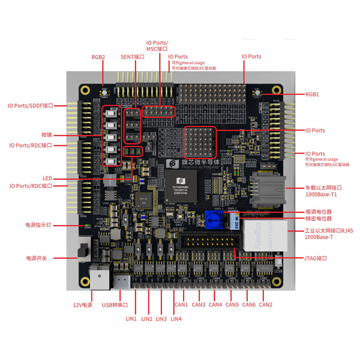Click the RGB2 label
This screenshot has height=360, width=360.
(x=98, y=57)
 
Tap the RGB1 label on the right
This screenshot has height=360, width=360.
(x=312, y=94)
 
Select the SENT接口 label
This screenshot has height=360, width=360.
(x=133, y=57)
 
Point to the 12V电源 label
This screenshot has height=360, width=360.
(x=83, y=305)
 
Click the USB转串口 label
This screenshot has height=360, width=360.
(x=115, y=305)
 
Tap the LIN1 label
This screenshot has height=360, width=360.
(x=131, y=319)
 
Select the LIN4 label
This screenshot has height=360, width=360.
(x=176, y=319)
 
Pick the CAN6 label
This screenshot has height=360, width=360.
(x=249, y=305)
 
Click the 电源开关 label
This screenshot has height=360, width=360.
(x=36, y=258)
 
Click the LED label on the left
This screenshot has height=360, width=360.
(x=47, y=178)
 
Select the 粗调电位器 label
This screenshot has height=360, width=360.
(x=318, y=211)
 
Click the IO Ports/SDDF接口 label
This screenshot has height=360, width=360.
(x=31, y=106)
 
